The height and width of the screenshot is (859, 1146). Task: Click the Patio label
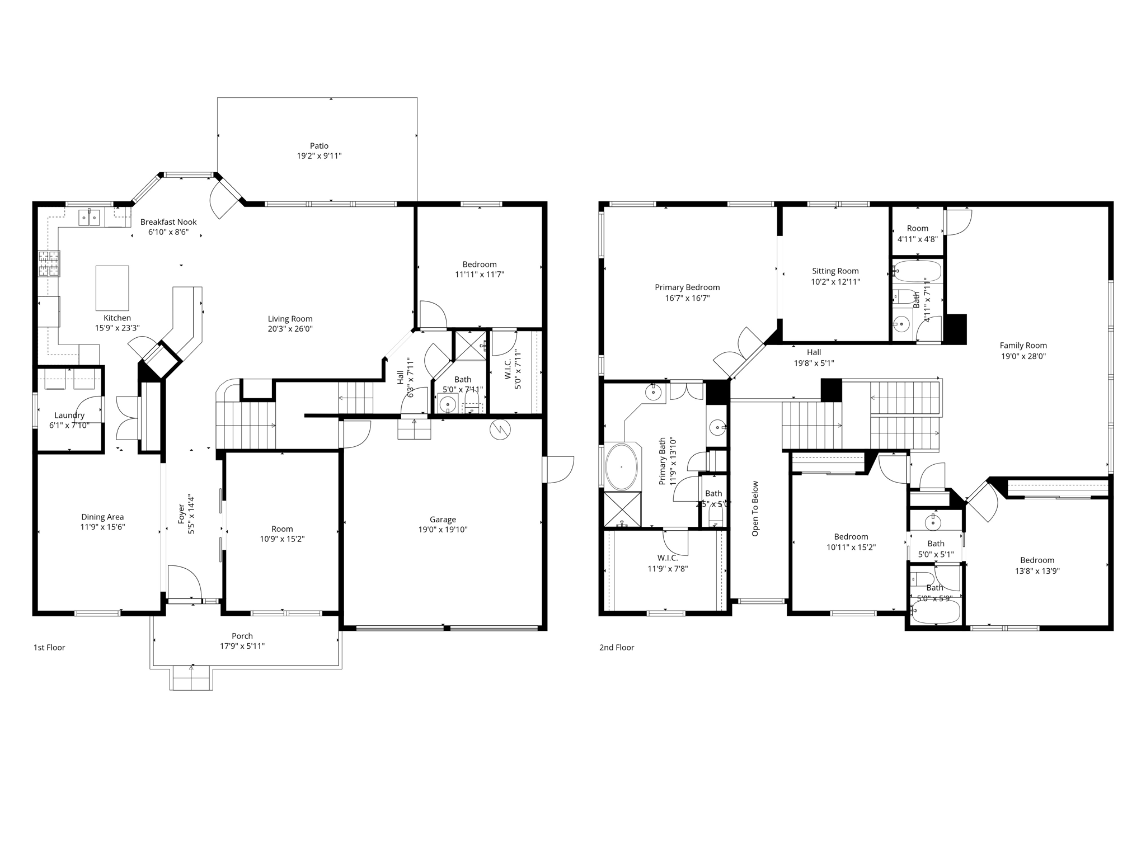(x=319, y=146)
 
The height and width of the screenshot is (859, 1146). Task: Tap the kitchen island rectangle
(x=112, y=288)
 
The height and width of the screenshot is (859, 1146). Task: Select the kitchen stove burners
(x=49, y=264)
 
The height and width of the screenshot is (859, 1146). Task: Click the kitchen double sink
(x=89, y=216)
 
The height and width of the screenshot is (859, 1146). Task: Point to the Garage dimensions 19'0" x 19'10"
(x=443, y=530)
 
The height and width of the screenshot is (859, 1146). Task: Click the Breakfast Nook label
(x=168, y=222)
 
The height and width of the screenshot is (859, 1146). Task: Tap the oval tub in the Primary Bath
(x=621, y=466)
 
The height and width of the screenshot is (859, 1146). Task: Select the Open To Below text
(x=755, y=508)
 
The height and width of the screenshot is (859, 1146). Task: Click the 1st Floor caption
(x=49, y=648)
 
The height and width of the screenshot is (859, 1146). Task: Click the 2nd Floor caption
(x=617, y=648)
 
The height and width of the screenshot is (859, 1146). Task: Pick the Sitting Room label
(x=835, y=271)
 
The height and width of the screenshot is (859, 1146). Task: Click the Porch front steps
(x=191, y=678)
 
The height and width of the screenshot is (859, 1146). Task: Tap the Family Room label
(x=1023, y=346)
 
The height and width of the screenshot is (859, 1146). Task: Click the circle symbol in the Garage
(x=500, y=429)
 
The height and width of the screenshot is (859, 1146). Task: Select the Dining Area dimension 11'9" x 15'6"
(x=102, y=527)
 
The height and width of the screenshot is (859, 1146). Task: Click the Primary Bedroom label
(x=687, y=287)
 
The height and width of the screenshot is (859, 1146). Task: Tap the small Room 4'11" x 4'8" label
(x=917, y=228)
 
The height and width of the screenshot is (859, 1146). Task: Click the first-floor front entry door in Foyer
(x=184, y=583)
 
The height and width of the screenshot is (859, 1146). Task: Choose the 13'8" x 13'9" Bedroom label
(x=1037, y=560)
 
